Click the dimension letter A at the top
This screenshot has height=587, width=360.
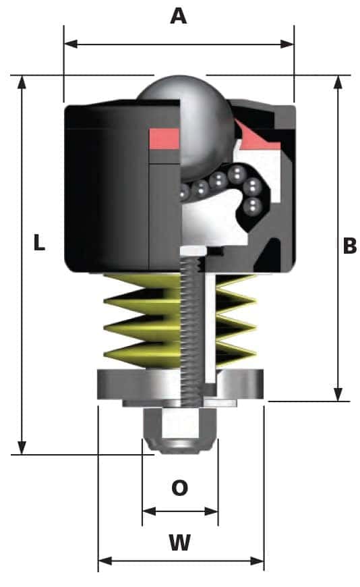click(x=178, y=16)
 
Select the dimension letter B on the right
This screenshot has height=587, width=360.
click(x=349, y=246)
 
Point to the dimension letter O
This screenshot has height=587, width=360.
click(x=179, y=488)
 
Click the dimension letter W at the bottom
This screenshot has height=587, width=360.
click(x=179, y=542)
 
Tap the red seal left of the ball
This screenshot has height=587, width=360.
click(x=163, y=138)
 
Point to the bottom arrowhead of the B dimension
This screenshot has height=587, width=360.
click(x=338, y=394)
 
